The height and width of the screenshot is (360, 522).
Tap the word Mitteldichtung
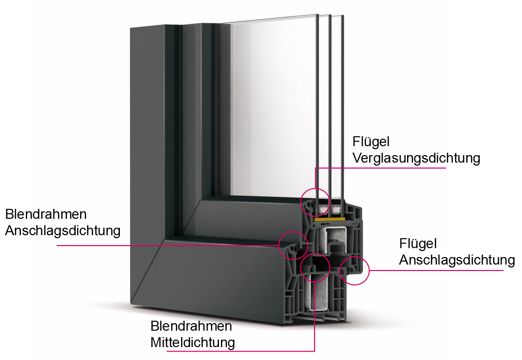tap(193, 342)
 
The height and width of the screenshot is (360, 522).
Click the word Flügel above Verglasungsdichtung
tap(371, 142)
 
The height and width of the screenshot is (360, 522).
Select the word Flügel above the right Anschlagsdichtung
tap(418, 244)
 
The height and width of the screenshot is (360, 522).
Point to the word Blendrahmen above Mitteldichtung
tap(191, 326)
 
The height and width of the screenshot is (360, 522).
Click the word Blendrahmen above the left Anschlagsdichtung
tap(46, 214)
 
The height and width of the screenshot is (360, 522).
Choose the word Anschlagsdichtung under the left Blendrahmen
tap(63, 231)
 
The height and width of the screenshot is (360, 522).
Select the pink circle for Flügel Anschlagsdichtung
tap(354, 270)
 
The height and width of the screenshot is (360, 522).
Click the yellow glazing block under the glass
tap(328, 218)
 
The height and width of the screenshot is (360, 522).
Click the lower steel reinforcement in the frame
tap(318, 293)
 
